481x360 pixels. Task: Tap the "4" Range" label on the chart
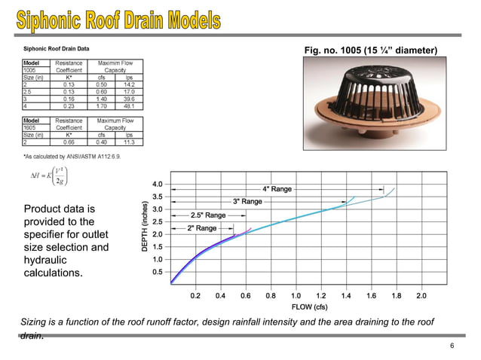pos(277,188)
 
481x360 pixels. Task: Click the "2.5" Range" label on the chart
pos(208,215)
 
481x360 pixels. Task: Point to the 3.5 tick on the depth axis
pos(157,197)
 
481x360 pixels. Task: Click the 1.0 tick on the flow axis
pos(296,296)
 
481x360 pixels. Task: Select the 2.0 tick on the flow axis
pos(421,296)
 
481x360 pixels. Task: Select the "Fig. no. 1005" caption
pos(369,50)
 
